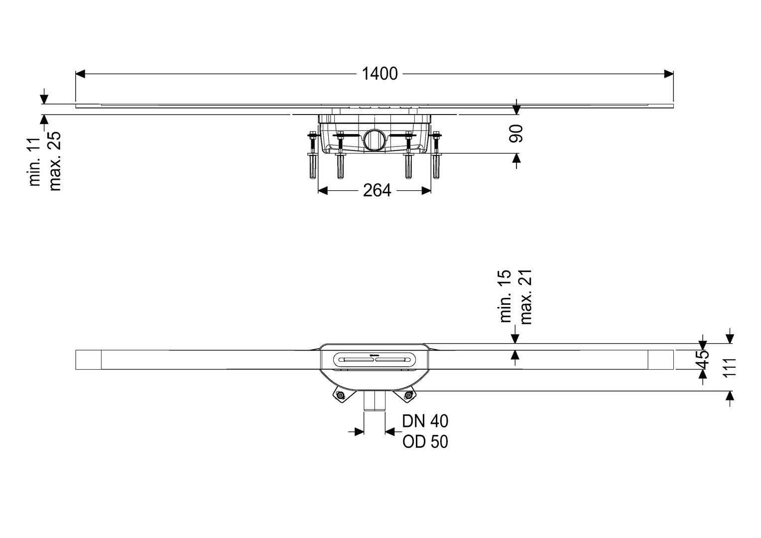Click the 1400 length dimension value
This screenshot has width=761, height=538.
point(380,74)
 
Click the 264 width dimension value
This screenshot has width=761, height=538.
point(377,190)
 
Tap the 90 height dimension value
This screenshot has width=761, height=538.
point(515,134)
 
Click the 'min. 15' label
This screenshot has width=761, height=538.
point(505,296)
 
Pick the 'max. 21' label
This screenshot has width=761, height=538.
point(525,297)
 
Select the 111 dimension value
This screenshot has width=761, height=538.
point(730,368)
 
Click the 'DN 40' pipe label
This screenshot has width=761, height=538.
point(425,421)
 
